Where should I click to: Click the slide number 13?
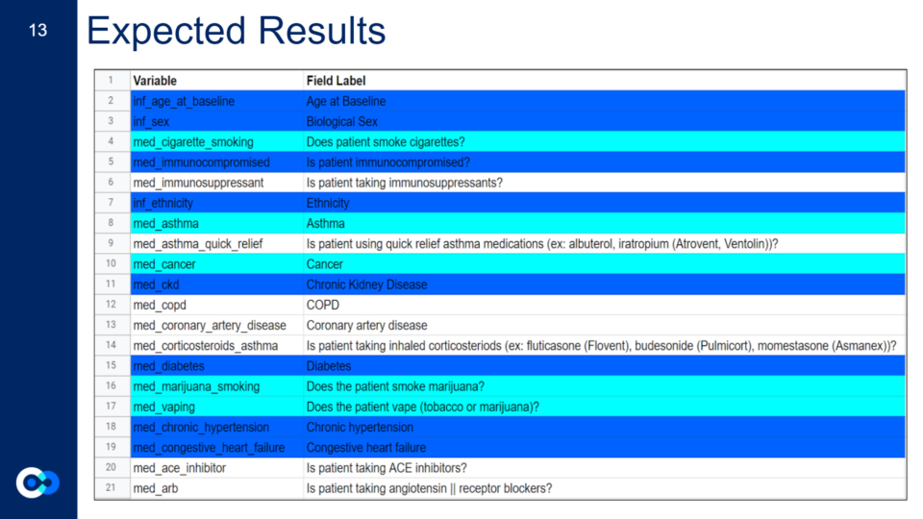tap(37, 30)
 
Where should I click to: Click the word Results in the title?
tap(322, 31)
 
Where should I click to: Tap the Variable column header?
tap(155, 81)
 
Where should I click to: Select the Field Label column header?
tap(336, 81)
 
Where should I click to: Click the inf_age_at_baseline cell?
tap(184, 101)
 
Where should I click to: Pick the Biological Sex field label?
tap(341, 122)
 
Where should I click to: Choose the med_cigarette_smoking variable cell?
tap(193, 142)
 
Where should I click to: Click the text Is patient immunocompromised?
tap(387, 162)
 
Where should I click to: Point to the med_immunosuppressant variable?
tap(198, 183)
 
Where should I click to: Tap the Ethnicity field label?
tap(327, 204)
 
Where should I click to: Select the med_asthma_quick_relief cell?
tap(198, 244)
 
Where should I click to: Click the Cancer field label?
tap(324, 264)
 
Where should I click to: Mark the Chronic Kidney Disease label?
tap(366, 284)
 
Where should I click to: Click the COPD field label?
tap(323, 305)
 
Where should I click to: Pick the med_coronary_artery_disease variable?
tap(210, 326)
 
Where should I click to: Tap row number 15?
tap(111, 365)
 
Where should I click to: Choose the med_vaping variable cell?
tap(163, 408)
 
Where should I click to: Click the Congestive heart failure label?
tap(365, 448)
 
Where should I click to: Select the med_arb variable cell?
tap(156, 488)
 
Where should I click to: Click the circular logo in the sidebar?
tap(37, 482)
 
